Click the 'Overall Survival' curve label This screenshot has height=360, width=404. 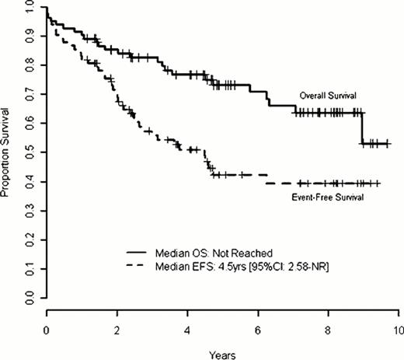point(327,95)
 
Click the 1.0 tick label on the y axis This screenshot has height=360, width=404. point(29,7)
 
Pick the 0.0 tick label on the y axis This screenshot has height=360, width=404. point(29,299)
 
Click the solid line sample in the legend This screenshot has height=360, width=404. point(145,252)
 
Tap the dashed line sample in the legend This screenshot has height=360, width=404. point(145,267)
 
